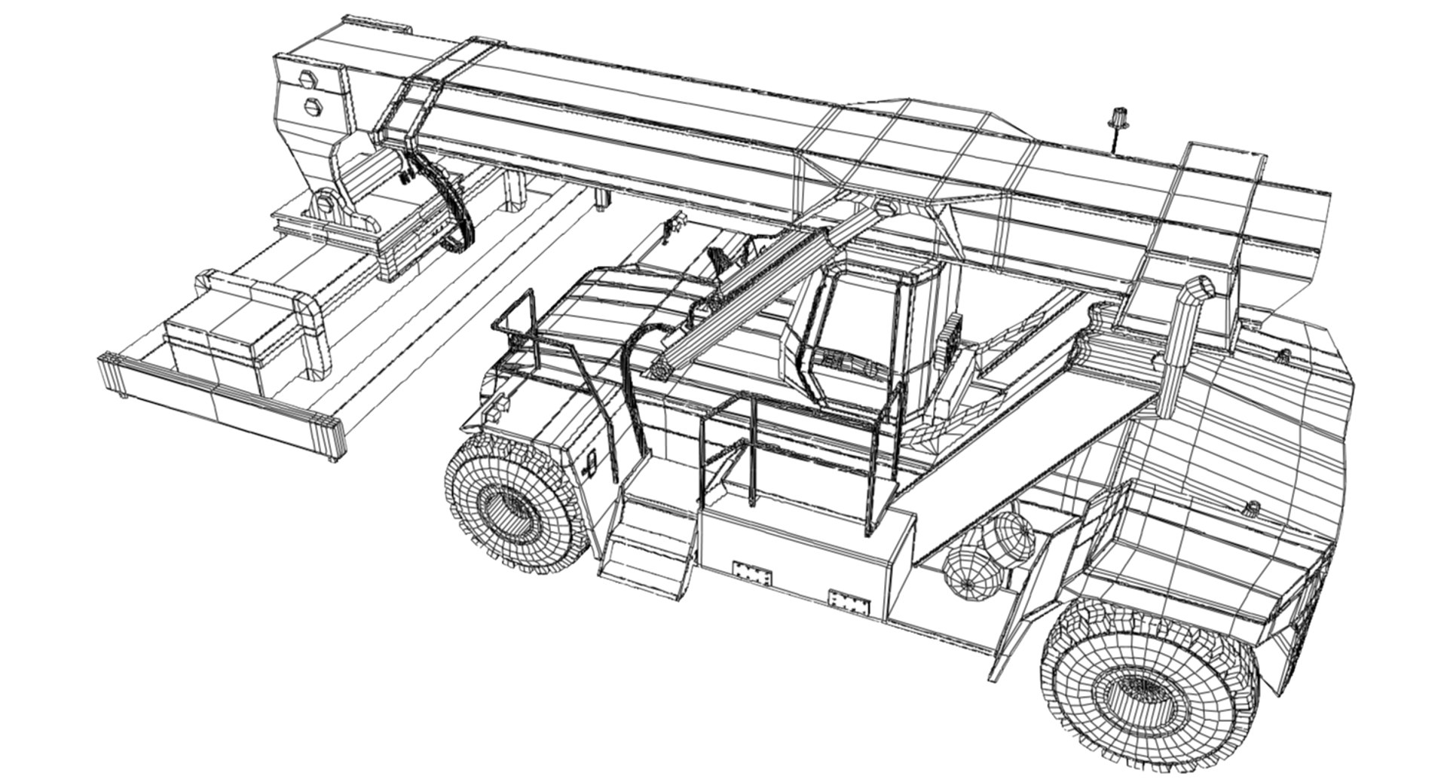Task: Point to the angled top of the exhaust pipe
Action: pyautogui.click(x=1198, y=289)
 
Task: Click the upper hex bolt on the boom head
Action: pyautogui.click(x=307, y=78)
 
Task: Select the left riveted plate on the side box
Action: pyautogui.click(x=751, y=572)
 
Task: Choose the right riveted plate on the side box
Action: pyautogui.click(x=849, y=601)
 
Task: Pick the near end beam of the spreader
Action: pyautogui.click(x=222, y=405)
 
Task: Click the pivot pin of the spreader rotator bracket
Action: pyautogui.click(x=324, y=201)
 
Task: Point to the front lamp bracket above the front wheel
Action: pyautogui.click(x=495, y=406)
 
